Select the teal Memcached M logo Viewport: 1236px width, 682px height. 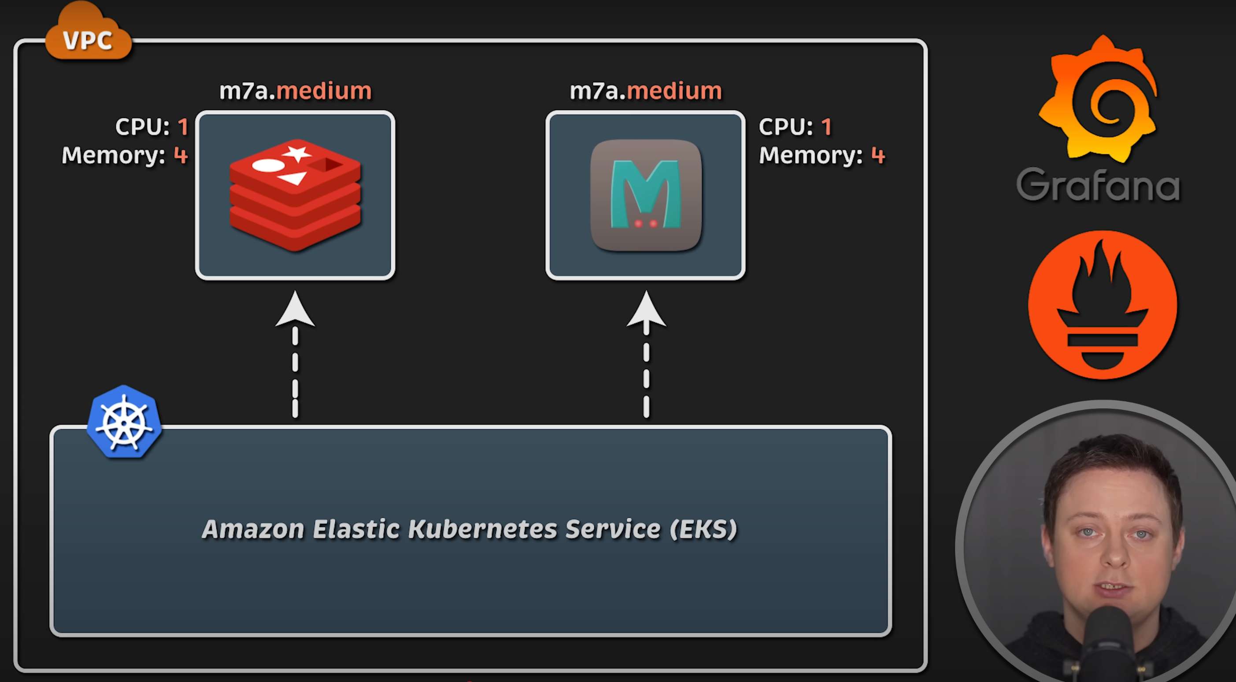(645, 194)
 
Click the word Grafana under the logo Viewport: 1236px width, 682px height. (1098, 185)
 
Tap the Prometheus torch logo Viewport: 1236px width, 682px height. (1102, 305)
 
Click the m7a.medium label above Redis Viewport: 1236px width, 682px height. (295, 91)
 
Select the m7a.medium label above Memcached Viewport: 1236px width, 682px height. (645, 91)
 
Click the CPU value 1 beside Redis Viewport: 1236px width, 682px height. (183, 127)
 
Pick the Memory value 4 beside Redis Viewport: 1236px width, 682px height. (181, 155)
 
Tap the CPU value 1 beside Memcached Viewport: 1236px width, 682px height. (826, 127)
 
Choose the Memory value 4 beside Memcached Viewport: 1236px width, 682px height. (877, 155)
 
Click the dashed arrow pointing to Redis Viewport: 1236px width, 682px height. (295, 355)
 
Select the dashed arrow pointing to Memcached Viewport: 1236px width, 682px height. (646, 355)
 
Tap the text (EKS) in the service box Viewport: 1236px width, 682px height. (703, 529)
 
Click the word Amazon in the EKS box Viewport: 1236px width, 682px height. (253, 529)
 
